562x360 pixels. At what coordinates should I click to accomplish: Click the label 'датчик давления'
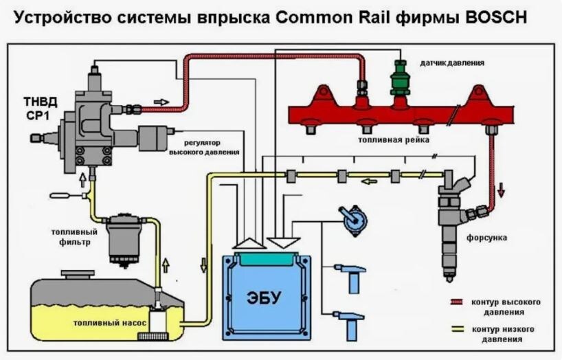pyautogui.click(x=455, y=63)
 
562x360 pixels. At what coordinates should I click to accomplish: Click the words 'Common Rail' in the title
pyautogui.click(x=385, y=17)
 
